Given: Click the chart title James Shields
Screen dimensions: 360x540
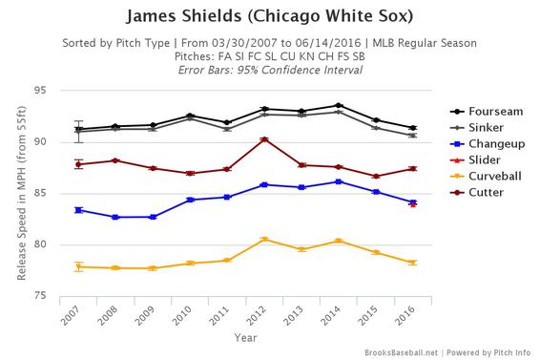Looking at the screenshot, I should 270,18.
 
